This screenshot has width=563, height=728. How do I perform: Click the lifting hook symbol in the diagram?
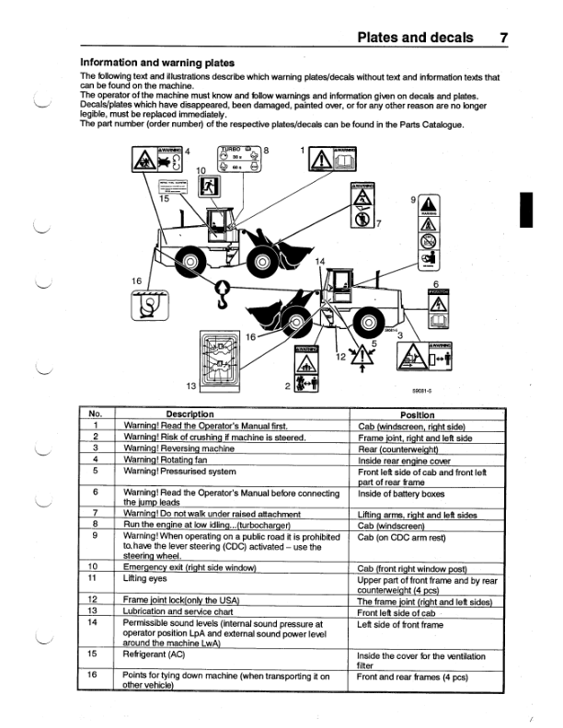pyautogui.click(x=220, y=293)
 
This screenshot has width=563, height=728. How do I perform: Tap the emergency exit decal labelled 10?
pyautogui.click(x=209, y=182)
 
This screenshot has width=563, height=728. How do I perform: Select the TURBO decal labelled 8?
pyautogui.click(x=238, y=160)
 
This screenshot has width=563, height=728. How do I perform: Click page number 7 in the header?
pyautogui.click(x=502, y=38)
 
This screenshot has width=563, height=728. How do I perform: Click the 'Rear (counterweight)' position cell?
pyautogui.click(x=396, y=448)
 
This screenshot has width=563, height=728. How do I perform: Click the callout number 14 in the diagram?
pyautogui.click(x=320, y=261)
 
